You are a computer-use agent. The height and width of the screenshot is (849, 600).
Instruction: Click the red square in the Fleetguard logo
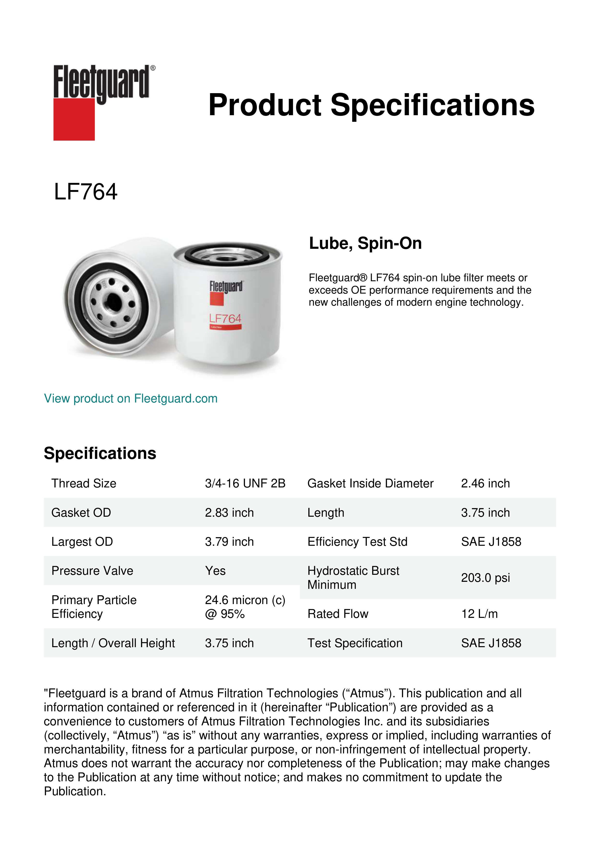point(74,119)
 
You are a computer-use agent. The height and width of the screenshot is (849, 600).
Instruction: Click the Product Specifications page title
point(371,105)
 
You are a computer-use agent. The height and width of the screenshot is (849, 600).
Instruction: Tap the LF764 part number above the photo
point(85,192)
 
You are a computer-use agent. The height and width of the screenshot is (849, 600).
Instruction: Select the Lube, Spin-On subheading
point(365,243)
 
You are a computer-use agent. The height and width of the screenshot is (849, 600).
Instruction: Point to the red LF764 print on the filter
point(225,318)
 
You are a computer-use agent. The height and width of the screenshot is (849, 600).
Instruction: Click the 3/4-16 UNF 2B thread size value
point(245,483)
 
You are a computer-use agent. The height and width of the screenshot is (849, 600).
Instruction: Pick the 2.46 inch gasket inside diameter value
point(485,483)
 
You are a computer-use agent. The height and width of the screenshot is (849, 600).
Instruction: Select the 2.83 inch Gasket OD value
point(229,513)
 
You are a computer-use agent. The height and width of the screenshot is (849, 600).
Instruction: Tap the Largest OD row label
point(82,542)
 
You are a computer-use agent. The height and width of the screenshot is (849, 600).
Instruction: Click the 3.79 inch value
point(229,542)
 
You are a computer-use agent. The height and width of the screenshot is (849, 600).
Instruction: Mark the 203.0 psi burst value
point(485,578)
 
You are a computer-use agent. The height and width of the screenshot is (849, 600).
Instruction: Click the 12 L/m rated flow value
point(479,614)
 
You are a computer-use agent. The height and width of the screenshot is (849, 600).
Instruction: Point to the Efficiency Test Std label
point(357,542)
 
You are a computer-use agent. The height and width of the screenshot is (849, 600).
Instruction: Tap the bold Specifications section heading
point(100,453)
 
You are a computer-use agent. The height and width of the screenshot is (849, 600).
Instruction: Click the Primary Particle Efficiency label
point(94,607)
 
